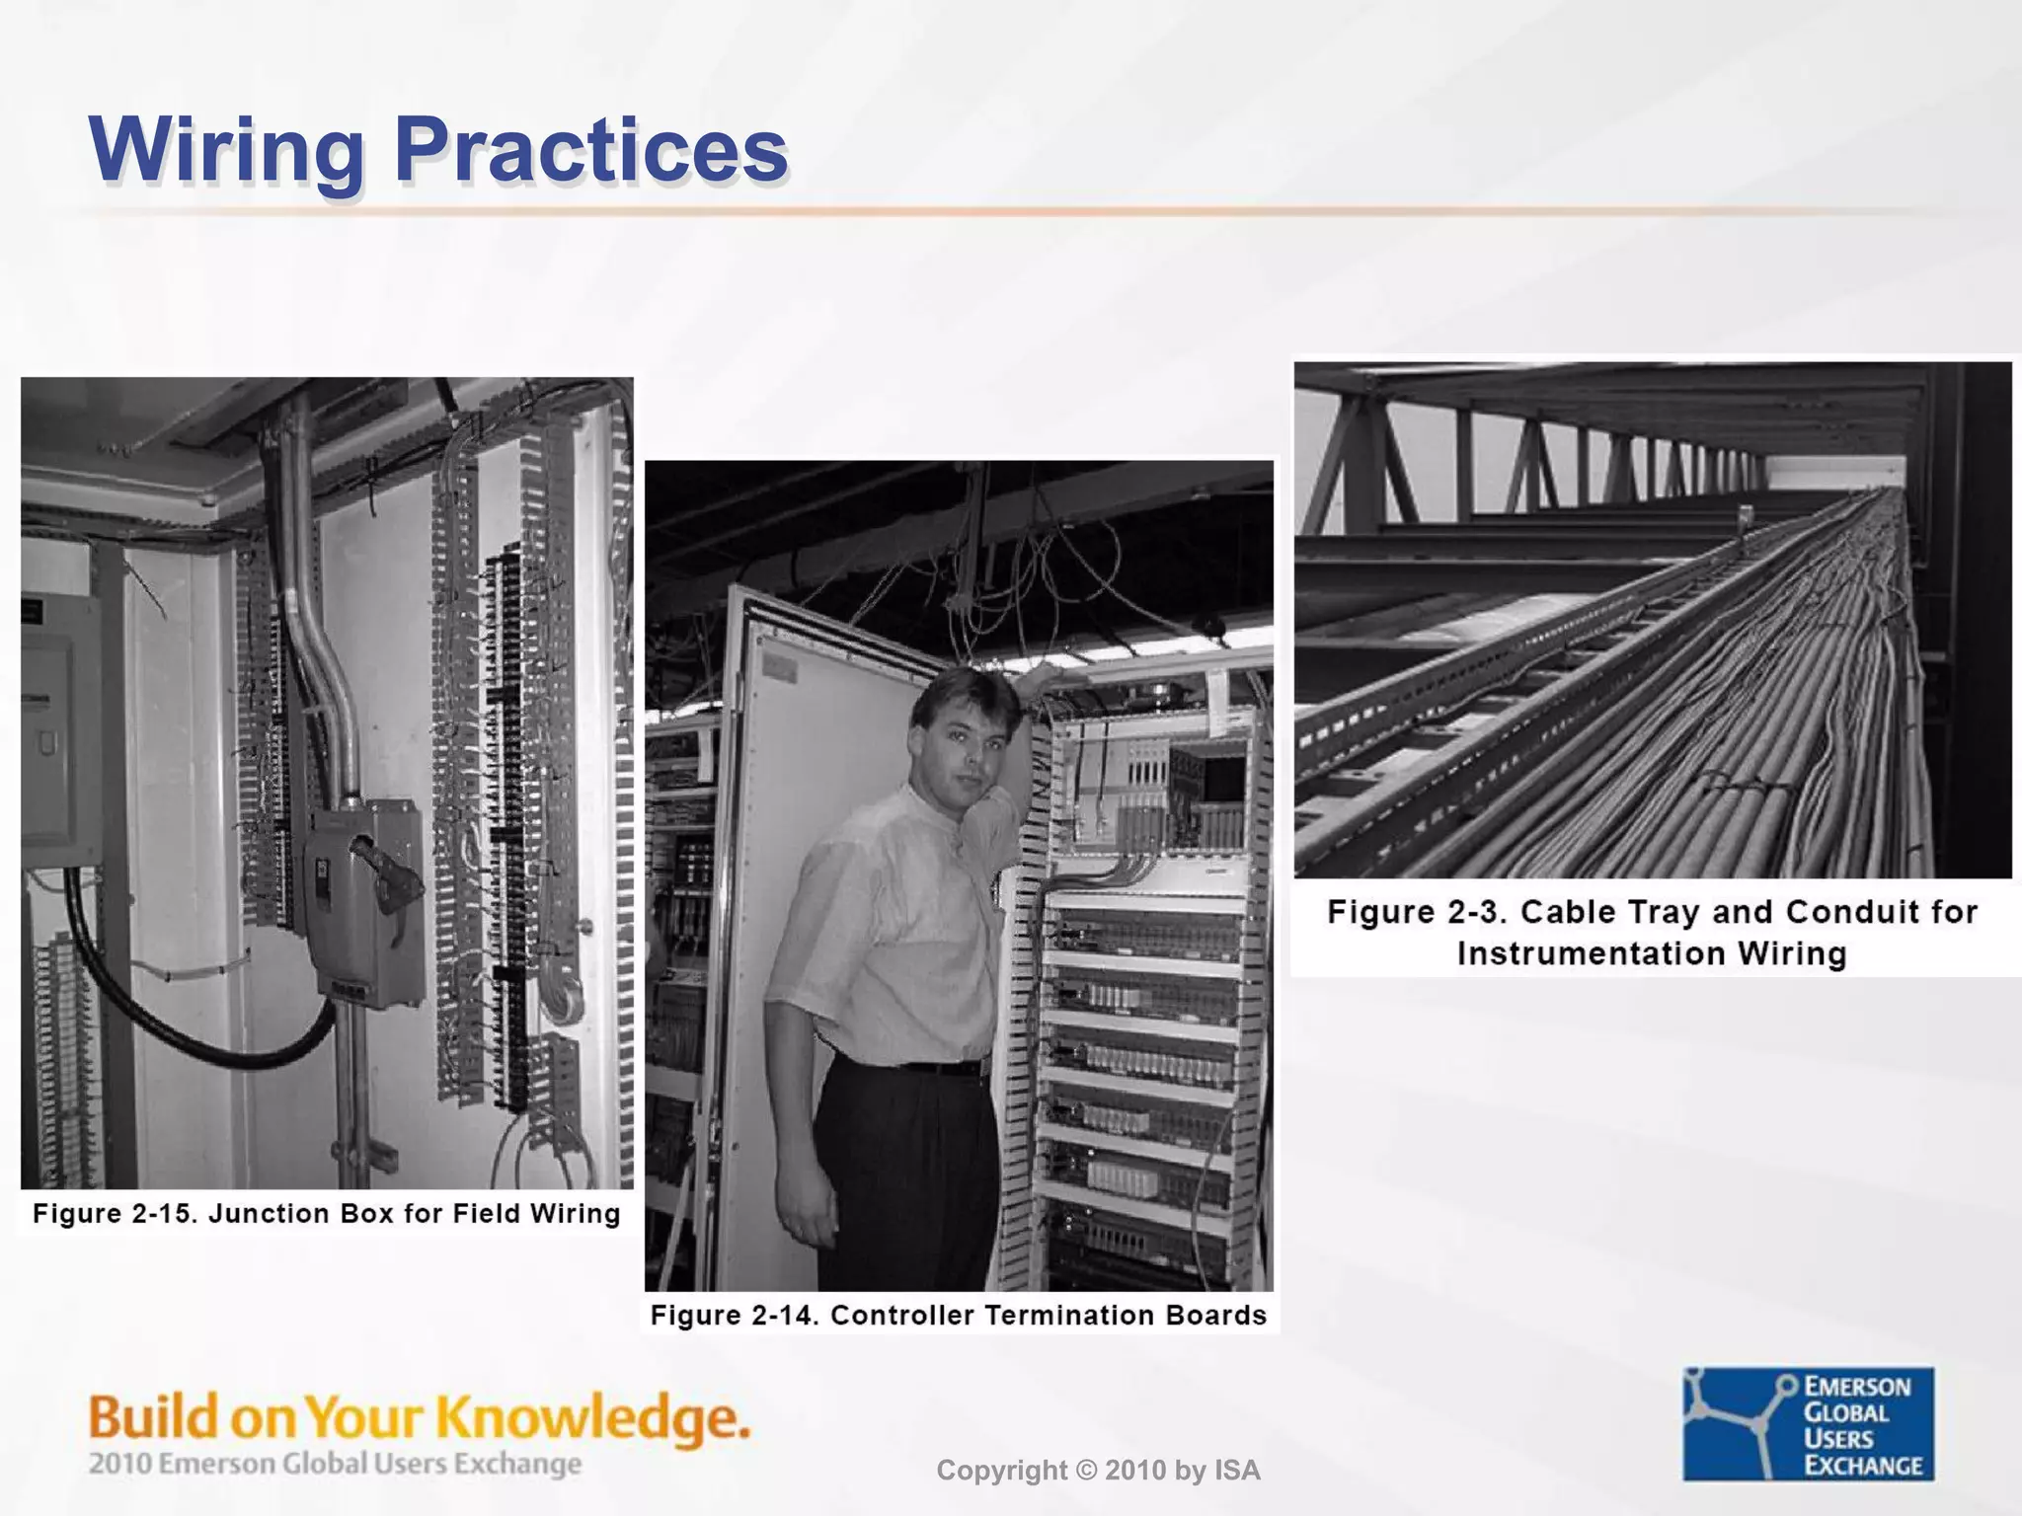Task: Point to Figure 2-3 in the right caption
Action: point(1414,911)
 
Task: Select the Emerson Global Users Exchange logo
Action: point(1808,1423)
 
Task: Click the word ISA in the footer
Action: point(1237,1471)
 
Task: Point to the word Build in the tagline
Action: point(153,1418)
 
